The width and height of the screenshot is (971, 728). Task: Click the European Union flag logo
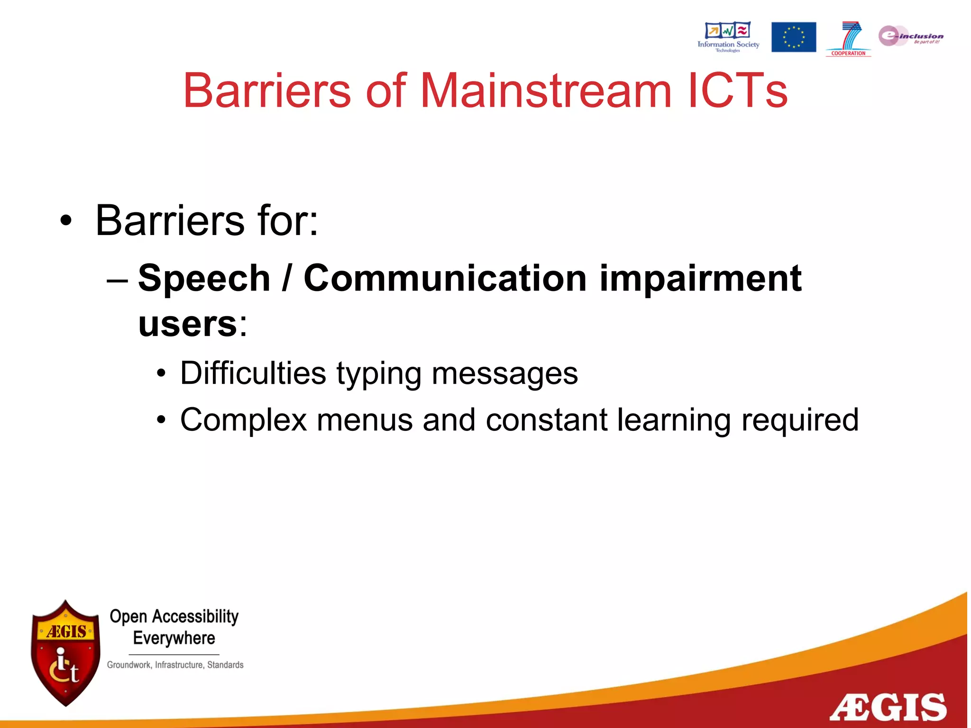tap(793, 37)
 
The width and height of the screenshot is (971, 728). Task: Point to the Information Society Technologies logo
tap(728, 36)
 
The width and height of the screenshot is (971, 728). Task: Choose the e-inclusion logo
tap(910, 36)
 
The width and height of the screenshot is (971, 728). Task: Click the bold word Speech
tap(204, 278)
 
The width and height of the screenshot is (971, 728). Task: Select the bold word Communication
tap(445, 278)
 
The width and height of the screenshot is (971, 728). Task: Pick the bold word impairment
tap(700, 278)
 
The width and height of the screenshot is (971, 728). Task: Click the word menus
tap(365, 420)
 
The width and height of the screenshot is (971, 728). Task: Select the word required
tap(800, 420)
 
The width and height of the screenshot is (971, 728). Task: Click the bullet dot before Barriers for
tap(66, 221)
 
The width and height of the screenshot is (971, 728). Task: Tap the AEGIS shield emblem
tap(65, 653)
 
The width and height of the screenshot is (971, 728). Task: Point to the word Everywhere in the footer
tap(174, 638)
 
